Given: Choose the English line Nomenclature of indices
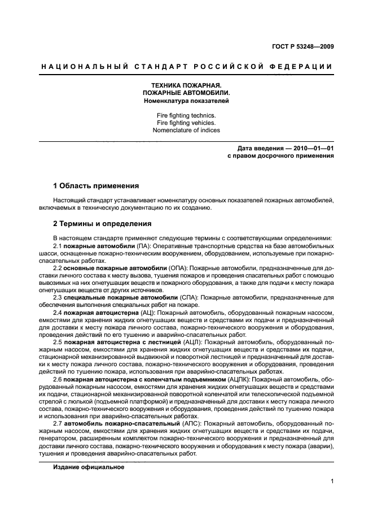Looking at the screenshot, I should [186, 130].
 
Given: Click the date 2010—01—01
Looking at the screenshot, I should [311, 149].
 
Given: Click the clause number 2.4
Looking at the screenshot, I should [58, 313].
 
